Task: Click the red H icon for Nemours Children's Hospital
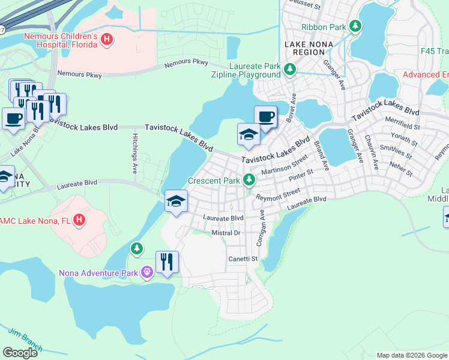coord(107,40)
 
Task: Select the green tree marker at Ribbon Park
coord(356,26)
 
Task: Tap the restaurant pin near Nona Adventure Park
coord(167,262)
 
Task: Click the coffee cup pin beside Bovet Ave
coord(265,116)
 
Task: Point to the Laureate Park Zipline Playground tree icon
coord(290,70)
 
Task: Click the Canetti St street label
coord(243,259)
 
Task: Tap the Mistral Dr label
coord(226,233)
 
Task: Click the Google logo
coord(20,353)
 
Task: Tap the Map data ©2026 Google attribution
coord(412,355)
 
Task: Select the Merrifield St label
coord(402,126)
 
